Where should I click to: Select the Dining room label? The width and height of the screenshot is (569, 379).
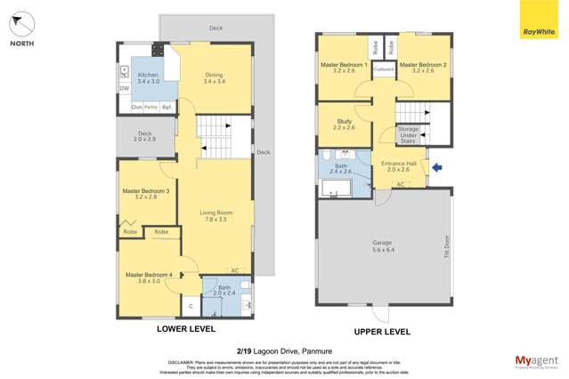[x=215, y=78]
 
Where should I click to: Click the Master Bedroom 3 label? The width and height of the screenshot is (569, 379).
[x=146, y=193]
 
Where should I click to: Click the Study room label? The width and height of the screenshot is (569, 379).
[x=345, y=125]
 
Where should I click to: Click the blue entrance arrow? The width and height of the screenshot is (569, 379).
[x=436, y=166]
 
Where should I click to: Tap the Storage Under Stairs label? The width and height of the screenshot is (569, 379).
[x=408, y=134]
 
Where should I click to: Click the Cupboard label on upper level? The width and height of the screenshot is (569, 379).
[x=384, y=69]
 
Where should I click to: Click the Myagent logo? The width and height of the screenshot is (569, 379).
[x=537, y=362]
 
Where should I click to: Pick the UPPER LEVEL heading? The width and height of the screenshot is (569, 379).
[x=382, y=331]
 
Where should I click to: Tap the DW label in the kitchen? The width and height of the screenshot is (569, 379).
[x=124, y=88]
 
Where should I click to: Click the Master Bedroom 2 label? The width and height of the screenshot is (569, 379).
[x=423, y=68]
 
